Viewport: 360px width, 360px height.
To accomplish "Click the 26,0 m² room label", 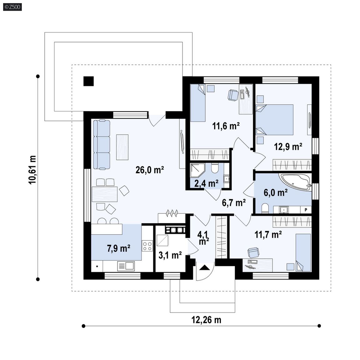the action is coord(149,170).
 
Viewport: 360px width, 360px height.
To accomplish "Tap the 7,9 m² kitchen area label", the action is coord(118,248).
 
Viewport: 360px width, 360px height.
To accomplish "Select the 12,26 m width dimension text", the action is coord(206,320).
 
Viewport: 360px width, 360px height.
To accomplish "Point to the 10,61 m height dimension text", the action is coord(32,170).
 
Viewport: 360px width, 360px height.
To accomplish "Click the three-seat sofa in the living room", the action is coord(102,145).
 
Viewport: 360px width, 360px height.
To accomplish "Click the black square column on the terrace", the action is coord(88,81).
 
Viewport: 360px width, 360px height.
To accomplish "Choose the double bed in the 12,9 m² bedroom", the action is coord(275,120).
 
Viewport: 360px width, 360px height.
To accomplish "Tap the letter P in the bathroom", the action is coord(306,210).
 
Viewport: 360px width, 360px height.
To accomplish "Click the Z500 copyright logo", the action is coord(12,7).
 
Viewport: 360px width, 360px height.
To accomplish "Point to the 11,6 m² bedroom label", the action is coord(226,126).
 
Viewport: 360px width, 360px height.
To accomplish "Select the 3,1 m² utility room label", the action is coord(170,255).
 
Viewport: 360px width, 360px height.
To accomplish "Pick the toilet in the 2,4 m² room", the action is coord(215,168).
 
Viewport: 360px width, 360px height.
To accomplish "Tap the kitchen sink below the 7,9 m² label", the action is coord(126,266).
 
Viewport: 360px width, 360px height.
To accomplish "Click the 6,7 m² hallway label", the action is coord(234,202).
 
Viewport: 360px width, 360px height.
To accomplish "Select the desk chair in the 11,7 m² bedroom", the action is coord(253,252).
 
